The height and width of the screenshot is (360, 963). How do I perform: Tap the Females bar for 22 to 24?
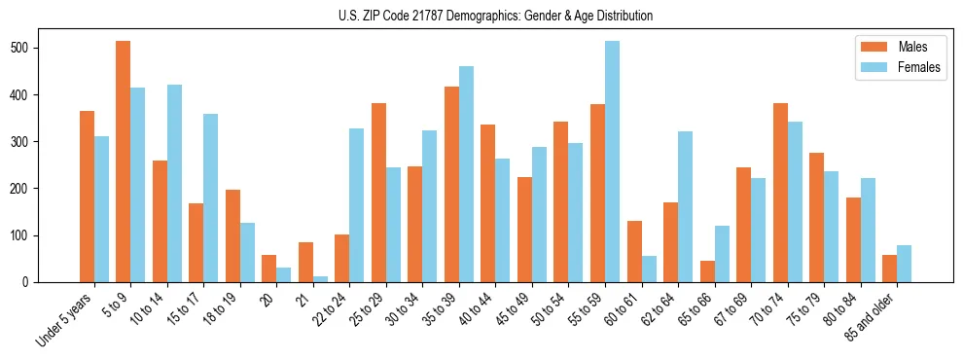357,205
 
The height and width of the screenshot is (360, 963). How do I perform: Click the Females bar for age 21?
320,279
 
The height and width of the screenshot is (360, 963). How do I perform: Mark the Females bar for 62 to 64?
685,204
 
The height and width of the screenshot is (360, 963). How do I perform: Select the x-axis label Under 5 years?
67,317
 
